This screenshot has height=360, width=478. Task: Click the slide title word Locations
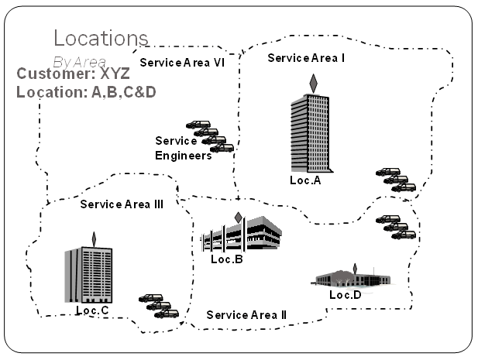[100, 38]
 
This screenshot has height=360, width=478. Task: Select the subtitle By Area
[80, 60]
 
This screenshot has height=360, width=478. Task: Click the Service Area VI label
[182, 63]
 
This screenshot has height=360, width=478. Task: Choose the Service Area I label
[306, 57]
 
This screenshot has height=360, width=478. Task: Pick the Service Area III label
[122, 204]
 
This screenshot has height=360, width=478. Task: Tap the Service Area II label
[246, 315]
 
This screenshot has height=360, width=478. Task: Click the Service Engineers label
[183, 148]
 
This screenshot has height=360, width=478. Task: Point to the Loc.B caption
[227, 259]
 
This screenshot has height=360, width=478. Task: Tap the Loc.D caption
[346, 295]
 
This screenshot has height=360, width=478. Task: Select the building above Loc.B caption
[241, 234]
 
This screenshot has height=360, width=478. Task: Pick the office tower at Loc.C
[88, 274]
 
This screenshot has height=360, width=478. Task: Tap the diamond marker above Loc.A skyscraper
[313, 82]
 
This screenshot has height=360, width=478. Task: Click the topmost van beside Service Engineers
[198, 125]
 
